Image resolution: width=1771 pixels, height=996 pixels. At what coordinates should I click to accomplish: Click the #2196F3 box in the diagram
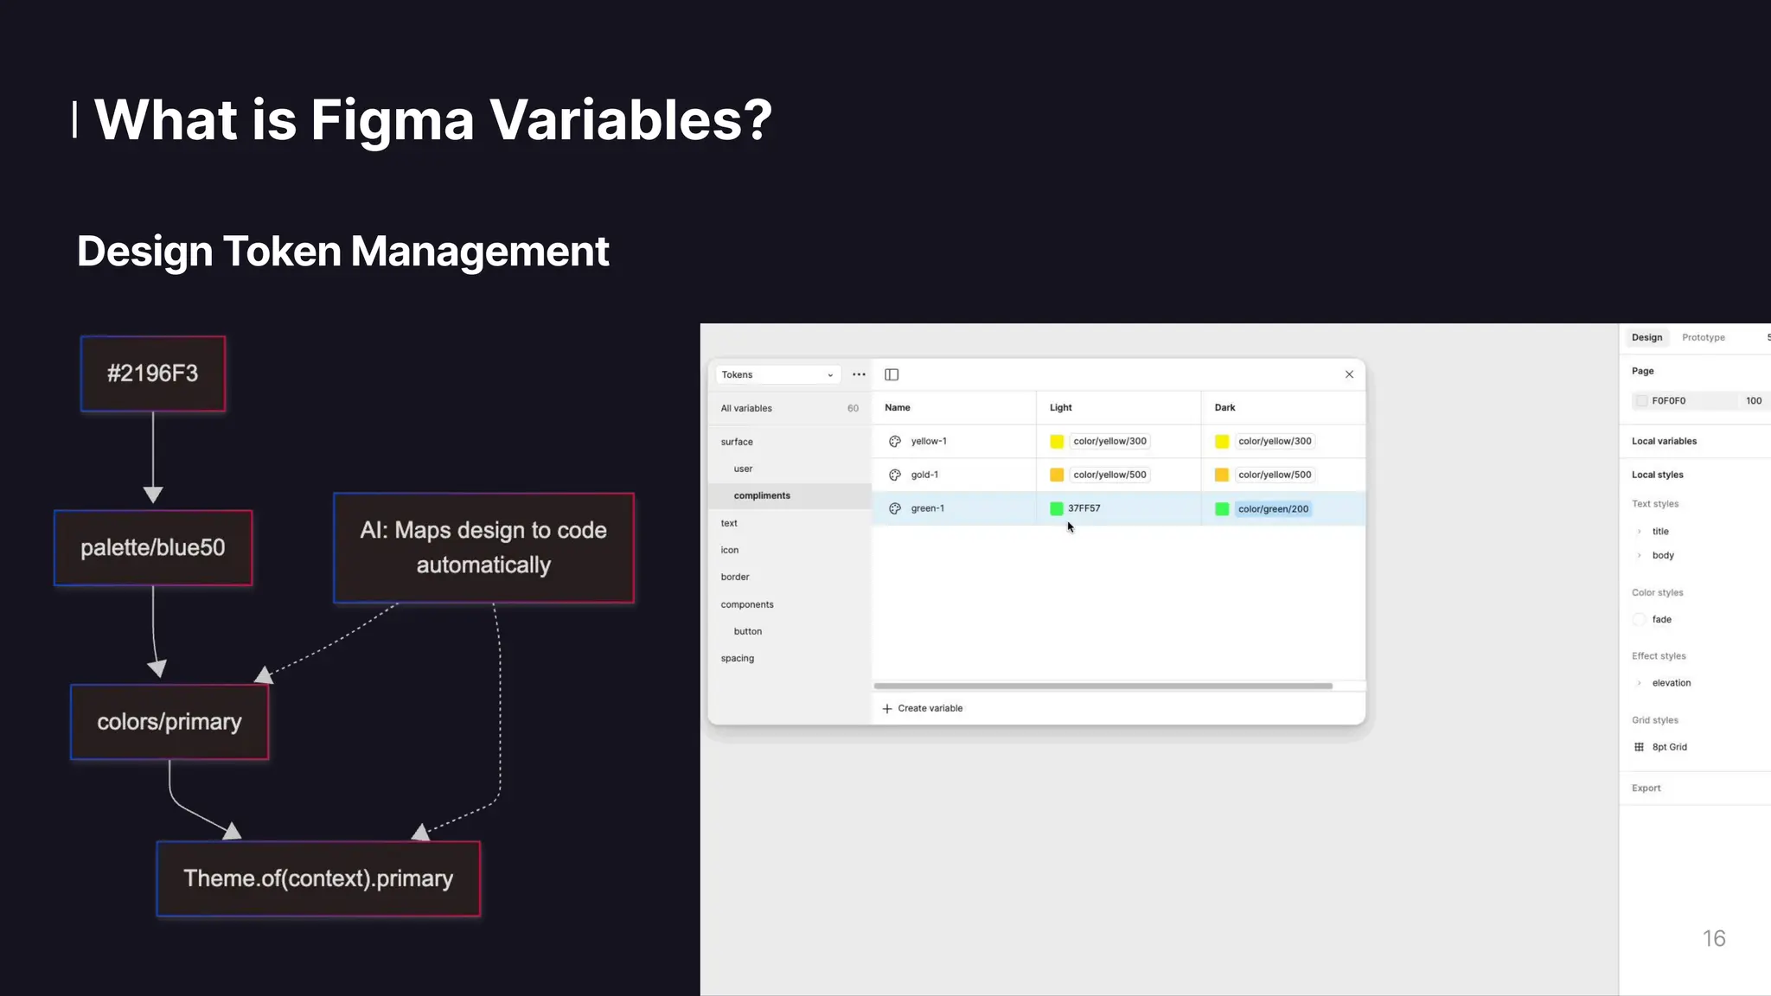[153, 373]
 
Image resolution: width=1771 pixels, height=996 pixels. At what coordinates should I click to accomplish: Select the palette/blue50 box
[153, 547]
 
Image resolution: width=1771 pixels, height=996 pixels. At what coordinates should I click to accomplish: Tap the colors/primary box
[169, 722]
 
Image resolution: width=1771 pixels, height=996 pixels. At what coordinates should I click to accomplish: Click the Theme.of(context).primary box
[318, 878]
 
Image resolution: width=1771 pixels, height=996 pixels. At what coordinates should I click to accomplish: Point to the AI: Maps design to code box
[483, 547]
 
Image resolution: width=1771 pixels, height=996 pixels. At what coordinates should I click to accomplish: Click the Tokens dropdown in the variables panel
[777, 374]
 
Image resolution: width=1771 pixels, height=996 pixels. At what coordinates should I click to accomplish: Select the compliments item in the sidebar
[762, 495]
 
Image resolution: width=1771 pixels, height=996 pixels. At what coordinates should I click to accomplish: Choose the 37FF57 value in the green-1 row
[1084, 508]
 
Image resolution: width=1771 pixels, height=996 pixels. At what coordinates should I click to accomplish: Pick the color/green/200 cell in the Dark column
[1273, 508]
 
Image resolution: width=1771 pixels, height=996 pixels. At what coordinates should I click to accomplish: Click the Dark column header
[1224, 407]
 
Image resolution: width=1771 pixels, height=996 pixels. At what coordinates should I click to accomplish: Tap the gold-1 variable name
[924, 475]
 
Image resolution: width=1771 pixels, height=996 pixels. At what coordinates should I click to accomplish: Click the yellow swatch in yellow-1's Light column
[1057, 441]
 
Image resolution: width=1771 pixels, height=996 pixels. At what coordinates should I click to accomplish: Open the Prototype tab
[1703, 337]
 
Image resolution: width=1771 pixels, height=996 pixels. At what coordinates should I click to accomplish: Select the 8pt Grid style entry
[1669, 747]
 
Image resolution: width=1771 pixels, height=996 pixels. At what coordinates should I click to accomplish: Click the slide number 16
[1713, 938]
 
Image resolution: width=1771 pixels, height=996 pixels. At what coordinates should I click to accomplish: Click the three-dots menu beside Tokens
[859, 374]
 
